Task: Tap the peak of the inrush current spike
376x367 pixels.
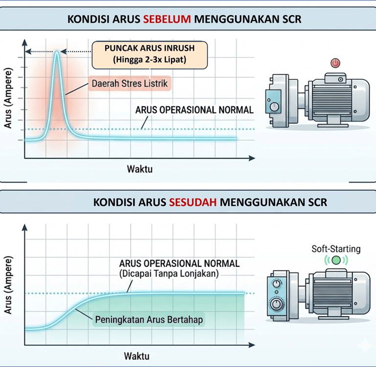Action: pyautogui.click(x=57, y=52)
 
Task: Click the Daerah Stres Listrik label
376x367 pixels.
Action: pyautogui.click(x=130, y=84)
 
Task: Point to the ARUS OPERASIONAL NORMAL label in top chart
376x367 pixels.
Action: pyautogui.click(x=194, y=110)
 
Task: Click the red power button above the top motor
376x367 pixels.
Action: pyautogui.click(x=335, y=63)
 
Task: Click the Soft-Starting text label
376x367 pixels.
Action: pyautogui.click(x=336, y=249)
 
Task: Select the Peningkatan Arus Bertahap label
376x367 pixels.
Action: pyautogui.click(x=149, y=320)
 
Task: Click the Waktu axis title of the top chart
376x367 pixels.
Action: pyautogui.click(x=140, y=170)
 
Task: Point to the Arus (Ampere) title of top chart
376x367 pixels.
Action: pyautogui.click(x=9, y=105)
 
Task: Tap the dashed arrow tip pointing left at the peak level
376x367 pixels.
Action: pyautogui.click(x=27, y=51)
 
